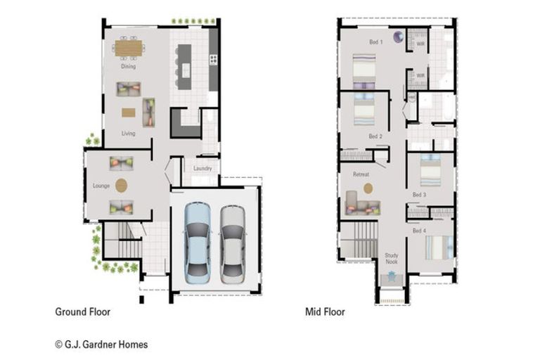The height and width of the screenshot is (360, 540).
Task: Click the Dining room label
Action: (x=128, y=67)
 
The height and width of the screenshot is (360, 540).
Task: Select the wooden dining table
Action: (x=129, y=47)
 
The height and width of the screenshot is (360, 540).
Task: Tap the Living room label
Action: (x=128, y=133)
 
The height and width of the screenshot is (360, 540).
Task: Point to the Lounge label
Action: (x=101, y=186)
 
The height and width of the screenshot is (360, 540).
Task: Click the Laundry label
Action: (x=202, y=169)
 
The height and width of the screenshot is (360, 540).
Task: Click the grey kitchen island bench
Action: (x=184, y=67)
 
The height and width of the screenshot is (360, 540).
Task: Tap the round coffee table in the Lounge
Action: (x=122, y=185)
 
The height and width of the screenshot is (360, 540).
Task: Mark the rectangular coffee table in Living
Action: (x=128, y=112)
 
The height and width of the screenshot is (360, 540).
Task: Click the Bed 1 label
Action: (x=376, y=42)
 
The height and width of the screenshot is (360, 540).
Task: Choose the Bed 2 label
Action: (x=375, y=136)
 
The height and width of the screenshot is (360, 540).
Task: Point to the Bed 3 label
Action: (x=419, y=194)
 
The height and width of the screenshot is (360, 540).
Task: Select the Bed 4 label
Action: (x=418, y=231)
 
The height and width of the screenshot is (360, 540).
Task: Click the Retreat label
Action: (x=361, y=174)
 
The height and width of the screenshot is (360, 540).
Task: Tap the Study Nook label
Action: (x=392, y=259)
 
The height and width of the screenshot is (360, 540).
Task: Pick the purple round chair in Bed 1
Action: (x=398, y=37)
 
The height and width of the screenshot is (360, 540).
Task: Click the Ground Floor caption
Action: (x=82, y=311)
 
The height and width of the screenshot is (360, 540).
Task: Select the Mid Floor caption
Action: (x=325, y=311)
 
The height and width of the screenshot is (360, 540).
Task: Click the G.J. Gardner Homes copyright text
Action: (x=101, y=345)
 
